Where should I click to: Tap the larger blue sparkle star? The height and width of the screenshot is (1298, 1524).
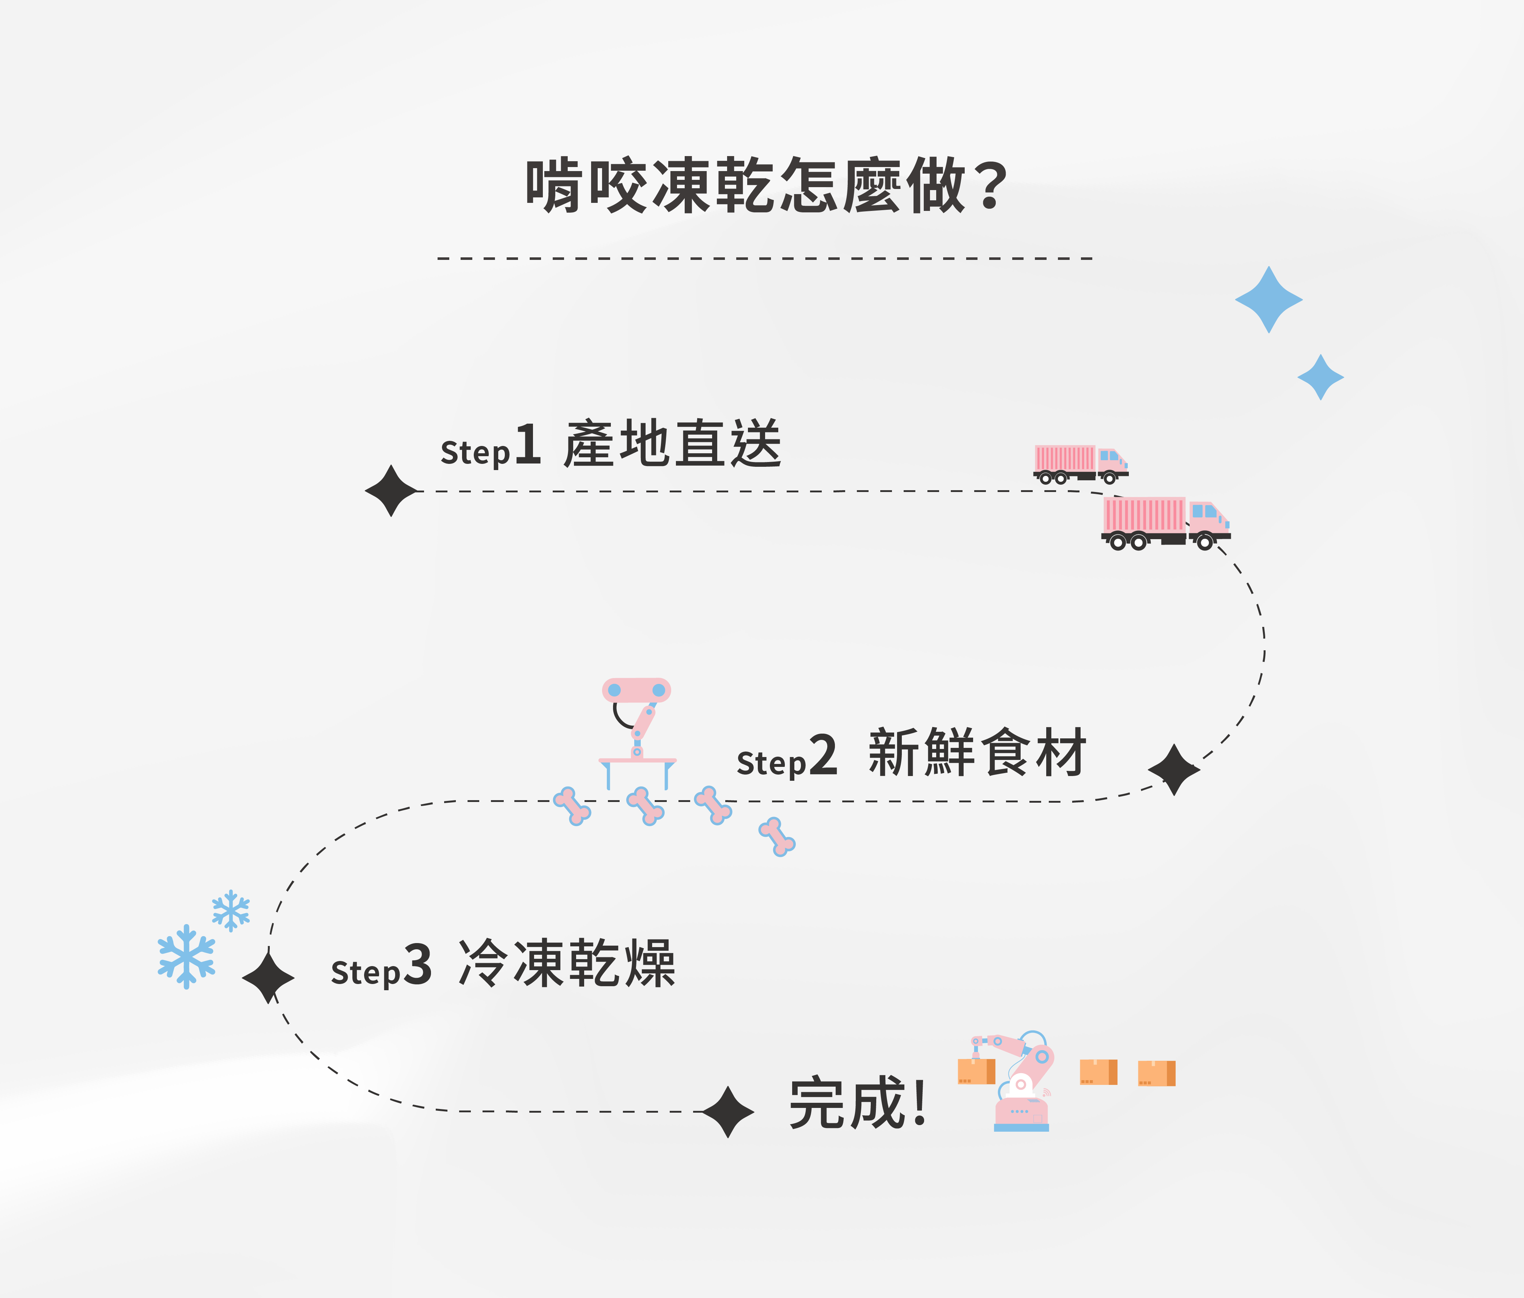pos(1269,299)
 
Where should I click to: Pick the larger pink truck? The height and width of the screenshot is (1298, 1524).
pos(1166,523)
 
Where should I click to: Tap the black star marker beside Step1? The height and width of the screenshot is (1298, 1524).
pos(391,491)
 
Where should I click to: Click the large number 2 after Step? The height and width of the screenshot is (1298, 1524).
pos(823,755)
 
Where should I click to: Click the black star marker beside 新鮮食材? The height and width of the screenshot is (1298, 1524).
pos(1174,769)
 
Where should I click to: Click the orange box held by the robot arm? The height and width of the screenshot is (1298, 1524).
pos(976,1071)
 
